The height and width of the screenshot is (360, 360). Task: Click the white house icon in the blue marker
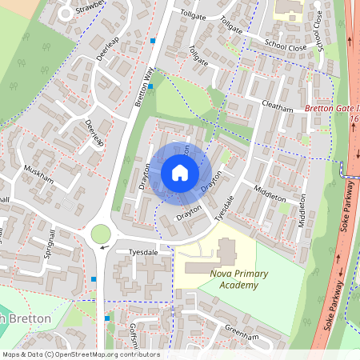[180, 172]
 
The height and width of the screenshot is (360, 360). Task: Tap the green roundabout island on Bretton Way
[101, 234]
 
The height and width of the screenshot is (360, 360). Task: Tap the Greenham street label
[242, 337]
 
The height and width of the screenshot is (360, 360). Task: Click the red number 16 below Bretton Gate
[354, 118]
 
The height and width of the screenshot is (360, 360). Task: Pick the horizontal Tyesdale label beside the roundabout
[133, 250]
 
